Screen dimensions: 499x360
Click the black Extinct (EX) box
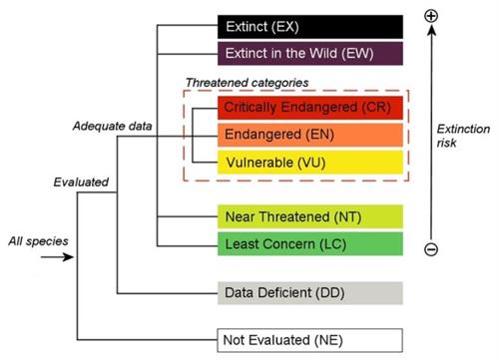click(309, 26)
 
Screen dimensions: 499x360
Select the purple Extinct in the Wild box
click(309, 53)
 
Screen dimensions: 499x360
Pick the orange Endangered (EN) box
click(309, 134)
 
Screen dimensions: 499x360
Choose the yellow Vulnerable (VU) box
click(309, 161)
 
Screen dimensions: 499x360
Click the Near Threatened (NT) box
click(309, 215)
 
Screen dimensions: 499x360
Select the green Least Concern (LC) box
click(309, 242)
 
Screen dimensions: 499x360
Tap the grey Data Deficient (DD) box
click(309, 293)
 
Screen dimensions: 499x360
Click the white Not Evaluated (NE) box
click(309, 340)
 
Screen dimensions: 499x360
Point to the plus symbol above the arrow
click(431, 17)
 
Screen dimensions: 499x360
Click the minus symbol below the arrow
click(431, 249)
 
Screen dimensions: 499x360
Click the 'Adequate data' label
click(113, 127)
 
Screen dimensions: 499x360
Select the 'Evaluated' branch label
click(81, 182)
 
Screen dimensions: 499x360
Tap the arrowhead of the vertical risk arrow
click(431, 33)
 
